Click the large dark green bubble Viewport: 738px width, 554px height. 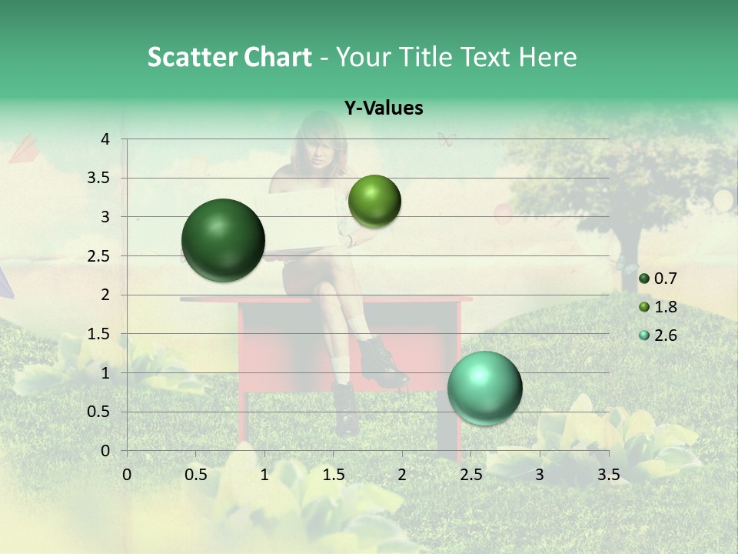pos(224,240)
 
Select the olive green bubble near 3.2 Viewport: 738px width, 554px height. pos(374,201)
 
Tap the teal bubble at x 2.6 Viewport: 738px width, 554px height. pos(484,388)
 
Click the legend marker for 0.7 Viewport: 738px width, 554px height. pos(644,279)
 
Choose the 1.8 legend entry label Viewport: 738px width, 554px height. pos(666,307)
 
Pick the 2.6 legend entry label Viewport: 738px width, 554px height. pos(666,335)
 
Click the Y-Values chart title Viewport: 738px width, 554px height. pos(384,108)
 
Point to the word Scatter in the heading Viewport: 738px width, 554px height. pos(191,57)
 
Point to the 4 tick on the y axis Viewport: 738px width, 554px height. pos(105,139)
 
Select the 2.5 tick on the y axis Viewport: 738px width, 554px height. pos(99,255)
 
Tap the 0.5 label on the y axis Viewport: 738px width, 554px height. pos(99,412)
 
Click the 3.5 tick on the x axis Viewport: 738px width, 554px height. pos(608,475)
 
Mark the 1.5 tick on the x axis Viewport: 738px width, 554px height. pos(333,475)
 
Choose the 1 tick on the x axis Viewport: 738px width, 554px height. pos(264,475)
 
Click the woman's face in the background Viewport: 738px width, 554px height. pos(320,147)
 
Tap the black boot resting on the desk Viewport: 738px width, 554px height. pos(381,362)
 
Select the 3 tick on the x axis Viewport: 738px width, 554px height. pos(540,475)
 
